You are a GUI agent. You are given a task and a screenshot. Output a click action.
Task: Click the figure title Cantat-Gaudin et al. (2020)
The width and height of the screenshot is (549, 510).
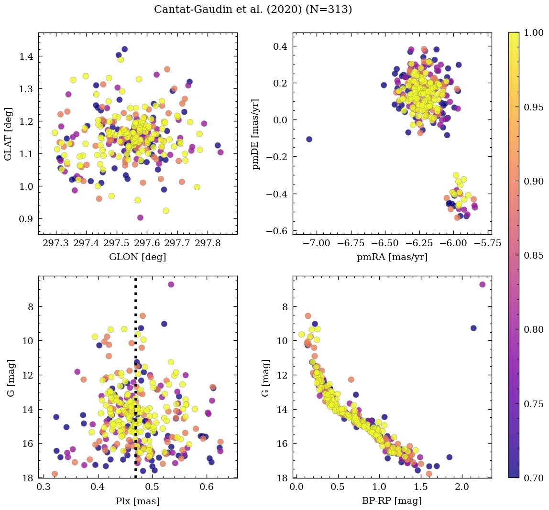[253, 10]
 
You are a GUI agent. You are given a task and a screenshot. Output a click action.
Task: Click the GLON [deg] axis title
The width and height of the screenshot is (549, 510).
[138, 257]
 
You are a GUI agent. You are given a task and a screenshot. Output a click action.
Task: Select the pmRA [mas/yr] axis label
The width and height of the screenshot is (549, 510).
[392, 257]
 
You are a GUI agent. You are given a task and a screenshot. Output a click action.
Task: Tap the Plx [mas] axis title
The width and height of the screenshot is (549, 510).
[138, 501]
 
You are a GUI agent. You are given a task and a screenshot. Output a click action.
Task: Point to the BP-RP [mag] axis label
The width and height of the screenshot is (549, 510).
[392, 501]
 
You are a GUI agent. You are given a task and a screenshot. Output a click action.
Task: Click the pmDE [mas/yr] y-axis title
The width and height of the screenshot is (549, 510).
[257, 133]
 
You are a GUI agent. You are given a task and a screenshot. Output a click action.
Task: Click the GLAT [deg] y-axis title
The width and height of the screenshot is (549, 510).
[8, 133]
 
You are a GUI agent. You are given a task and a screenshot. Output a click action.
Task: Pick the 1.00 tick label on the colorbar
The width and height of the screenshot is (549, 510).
[534, 33]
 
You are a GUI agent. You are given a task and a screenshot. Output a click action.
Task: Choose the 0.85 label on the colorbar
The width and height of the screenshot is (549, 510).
[534, 255]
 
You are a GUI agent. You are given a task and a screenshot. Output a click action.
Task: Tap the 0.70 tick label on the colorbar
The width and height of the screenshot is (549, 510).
[534, 477]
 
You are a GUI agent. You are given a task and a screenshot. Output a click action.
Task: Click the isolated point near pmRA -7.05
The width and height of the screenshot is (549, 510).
[309, 139]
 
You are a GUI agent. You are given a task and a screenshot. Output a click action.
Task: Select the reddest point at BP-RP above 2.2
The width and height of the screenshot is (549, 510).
[482, 284]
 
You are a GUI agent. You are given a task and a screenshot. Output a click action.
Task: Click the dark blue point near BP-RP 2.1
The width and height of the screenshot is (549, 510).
[473, 328]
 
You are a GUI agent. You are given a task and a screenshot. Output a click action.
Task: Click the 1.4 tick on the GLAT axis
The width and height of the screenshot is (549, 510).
[26, 56]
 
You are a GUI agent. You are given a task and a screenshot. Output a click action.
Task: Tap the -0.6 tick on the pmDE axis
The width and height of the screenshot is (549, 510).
[279, 231]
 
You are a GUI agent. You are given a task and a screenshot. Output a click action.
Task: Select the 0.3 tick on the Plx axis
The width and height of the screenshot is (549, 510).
[44, 488]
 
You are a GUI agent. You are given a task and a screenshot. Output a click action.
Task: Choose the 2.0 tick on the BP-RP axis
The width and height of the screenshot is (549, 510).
[462, 488]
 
